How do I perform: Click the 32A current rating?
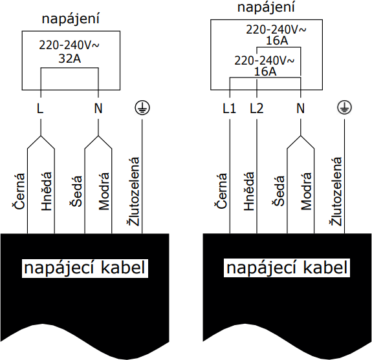coord(70,59)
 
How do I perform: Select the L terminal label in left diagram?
coord(40,109)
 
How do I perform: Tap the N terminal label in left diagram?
coord(98,109)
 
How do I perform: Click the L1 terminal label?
coord(229,109)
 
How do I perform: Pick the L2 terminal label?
coord(257,109)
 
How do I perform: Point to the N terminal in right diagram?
coord(300,109)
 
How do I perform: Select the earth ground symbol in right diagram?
coord(344,107)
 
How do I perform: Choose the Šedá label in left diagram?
coord(76,193)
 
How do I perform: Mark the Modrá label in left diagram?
coord(104,191)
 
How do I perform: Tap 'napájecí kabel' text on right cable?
coord(288,268)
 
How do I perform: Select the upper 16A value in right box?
coord(276,41)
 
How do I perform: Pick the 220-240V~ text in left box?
coord(70,47)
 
